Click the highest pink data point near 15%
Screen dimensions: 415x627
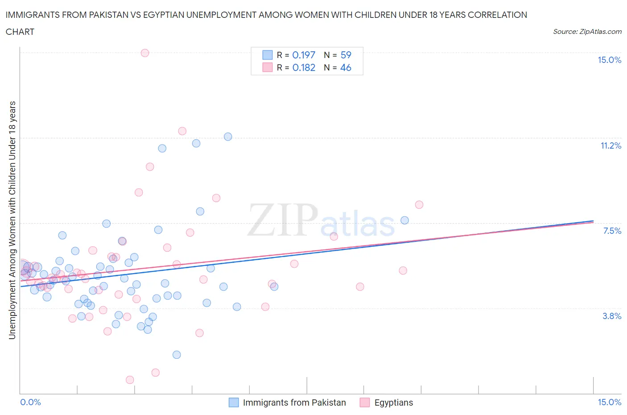click(x=144, y=53)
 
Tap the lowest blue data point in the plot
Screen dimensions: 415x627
click(x=177, y=355)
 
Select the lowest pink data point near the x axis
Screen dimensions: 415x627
click(x=130, y=380)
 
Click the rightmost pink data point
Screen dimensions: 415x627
click(x=419, y=205)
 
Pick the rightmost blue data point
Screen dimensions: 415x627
click(x=404, y=220)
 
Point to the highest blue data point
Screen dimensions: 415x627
click(x=228, y=137)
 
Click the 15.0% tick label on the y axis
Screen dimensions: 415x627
click(x=609, y=60)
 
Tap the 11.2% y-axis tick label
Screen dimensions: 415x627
click(x=610, y=145)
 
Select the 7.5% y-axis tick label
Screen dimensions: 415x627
click(x=612, y=231)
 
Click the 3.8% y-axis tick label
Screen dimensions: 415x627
click(x=612, y=316)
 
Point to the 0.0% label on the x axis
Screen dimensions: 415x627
click(x=31, y=402)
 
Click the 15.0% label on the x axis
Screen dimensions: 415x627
click(x=609, y=402)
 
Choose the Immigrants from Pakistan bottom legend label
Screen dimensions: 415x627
click(x=294, y=403)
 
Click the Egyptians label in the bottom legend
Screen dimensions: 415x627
click(x=393, y=403)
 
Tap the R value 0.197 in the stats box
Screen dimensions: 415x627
click(x=304, y=55)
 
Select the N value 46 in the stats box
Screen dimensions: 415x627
click(x=346, y=67)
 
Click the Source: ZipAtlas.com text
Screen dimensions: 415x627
click(x=587, y=32)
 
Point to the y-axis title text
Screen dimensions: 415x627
click(x=12, y=220)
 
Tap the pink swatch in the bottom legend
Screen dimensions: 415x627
click(x=365, y=403)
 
